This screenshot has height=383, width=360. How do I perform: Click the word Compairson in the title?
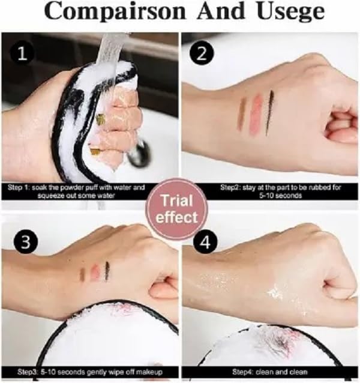[x=115, y=12]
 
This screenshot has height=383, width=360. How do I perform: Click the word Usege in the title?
[x=290, y=12]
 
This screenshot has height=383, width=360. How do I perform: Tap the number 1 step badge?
[x=22, y=54]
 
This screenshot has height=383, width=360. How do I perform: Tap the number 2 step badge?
[x=202, y=54]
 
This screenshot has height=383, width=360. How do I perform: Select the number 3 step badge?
[x=26, y=242]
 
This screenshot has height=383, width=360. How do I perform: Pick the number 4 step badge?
[x=205, y=243]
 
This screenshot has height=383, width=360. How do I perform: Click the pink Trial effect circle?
[x=176, y=209]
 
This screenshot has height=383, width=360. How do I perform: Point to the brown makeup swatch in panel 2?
[x=242, y=113]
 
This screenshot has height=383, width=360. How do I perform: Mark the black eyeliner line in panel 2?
[x=269, y=112]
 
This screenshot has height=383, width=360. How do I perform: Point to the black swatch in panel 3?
[x=107, y=271]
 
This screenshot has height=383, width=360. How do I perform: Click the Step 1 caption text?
[x=76, y=191]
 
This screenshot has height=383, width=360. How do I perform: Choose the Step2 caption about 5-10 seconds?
[x=280, y=191]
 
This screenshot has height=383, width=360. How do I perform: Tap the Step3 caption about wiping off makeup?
[x=90, y=372]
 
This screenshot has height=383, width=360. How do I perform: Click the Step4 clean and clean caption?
[x=269, y=372]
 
